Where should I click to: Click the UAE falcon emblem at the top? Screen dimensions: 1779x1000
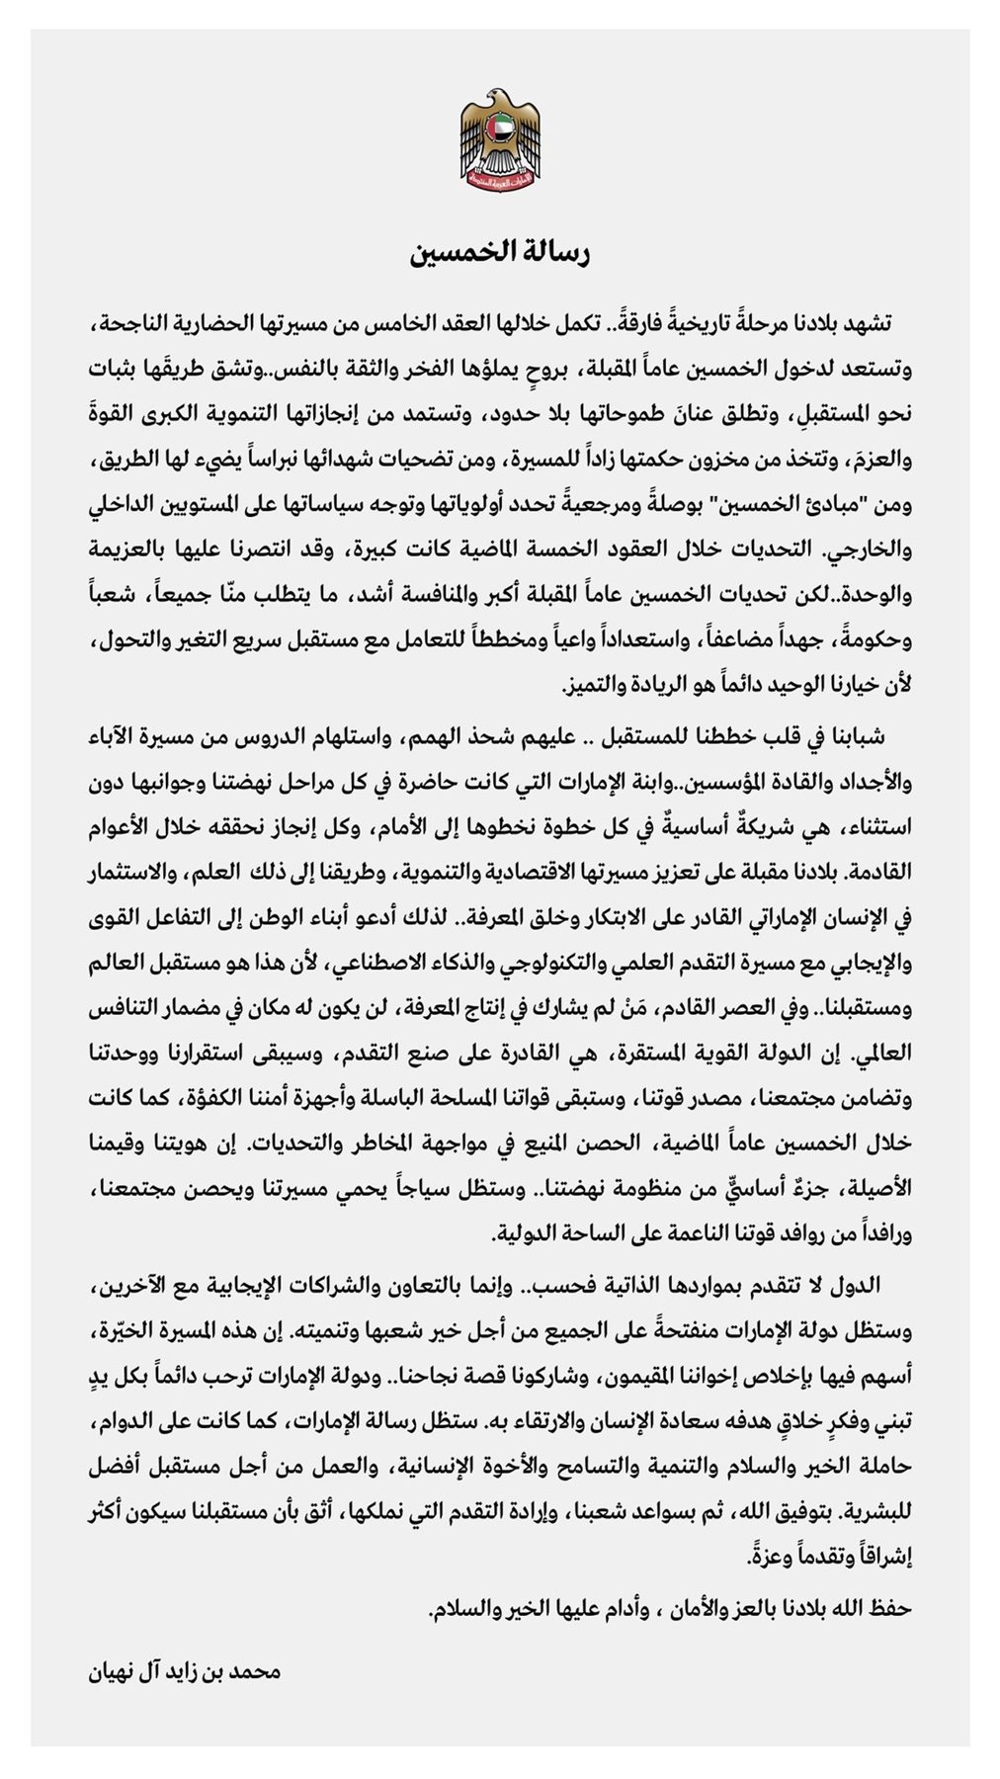[500, 137]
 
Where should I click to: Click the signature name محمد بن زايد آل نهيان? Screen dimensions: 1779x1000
[185, 1672]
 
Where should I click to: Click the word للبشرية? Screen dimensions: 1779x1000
[875, 1512]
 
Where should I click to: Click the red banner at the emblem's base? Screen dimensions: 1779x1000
[500, 178]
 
